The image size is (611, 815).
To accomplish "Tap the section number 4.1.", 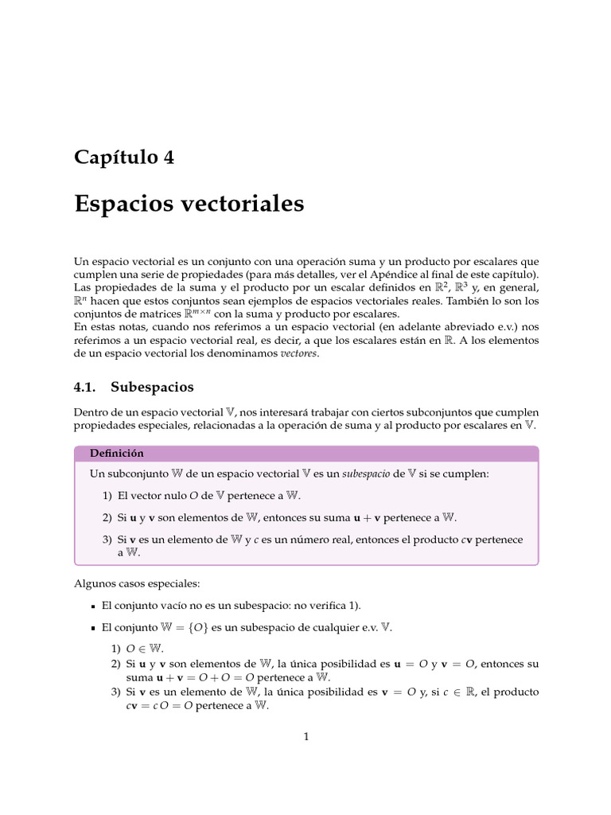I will tap(84, 387).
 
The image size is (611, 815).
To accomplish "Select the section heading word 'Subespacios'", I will tap(152, 387).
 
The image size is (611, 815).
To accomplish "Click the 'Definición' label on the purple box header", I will tap(116, 453).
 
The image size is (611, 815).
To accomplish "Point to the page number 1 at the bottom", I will tap(305, 736).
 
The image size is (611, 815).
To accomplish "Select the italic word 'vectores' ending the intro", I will tap(298, 353).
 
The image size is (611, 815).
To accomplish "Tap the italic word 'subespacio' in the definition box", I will tap(368, 474).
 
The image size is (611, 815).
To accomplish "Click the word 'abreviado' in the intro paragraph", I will tap(451, 327).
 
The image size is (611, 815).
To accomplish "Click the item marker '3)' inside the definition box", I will tap(107, 540).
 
